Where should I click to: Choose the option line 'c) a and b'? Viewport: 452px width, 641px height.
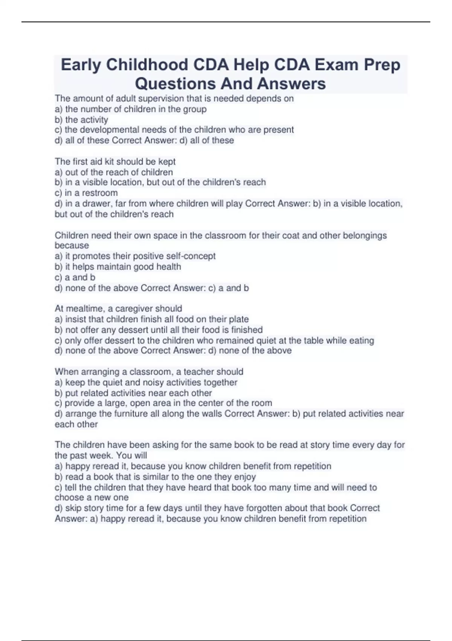coord(75,278)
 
